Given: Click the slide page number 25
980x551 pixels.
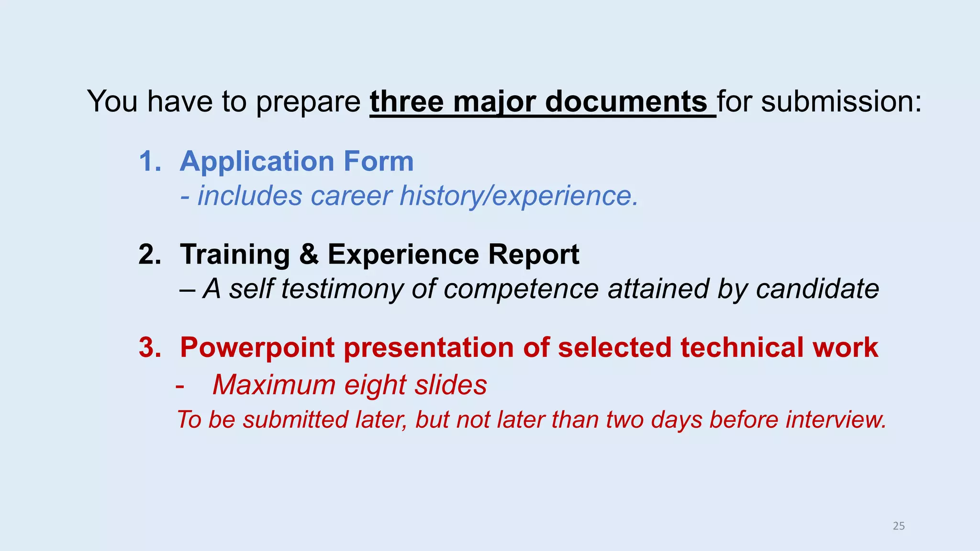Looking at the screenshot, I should [x=899, y=526].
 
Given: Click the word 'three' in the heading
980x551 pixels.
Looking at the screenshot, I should [x=407, y=101].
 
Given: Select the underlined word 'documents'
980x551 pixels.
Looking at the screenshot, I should [x=626, y=101].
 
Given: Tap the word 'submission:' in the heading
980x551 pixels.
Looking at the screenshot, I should [x=841, y=101].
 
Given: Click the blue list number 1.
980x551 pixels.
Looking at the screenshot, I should [x=149, y=161].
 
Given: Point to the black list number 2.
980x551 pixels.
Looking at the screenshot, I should [x=149, y=254].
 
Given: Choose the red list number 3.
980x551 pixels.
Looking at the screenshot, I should [x=149, y=347].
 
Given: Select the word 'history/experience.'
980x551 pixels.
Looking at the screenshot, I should [x=519, y=196].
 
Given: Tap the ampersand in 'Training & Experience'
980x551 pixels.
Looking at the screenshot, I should [x=309, y=254].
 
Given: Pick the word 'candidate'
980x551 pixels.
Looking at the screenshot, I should [x=817, y=289].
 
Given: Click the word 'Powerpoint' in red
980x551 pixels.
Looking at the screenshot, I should [x=257, y=347].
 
